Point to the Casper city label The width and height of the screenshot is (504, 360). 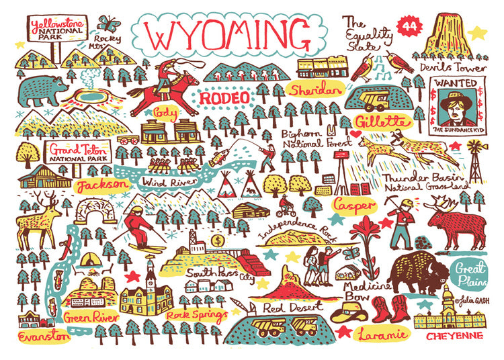coord(353,202)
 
